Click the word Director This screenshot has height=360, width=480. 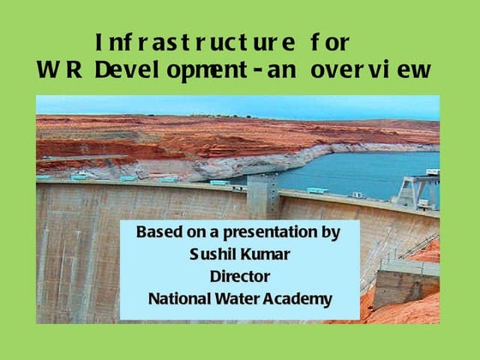click(x=239, y=276)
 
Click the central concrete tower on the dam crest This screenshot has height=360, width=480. click(x=262, y=196)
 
